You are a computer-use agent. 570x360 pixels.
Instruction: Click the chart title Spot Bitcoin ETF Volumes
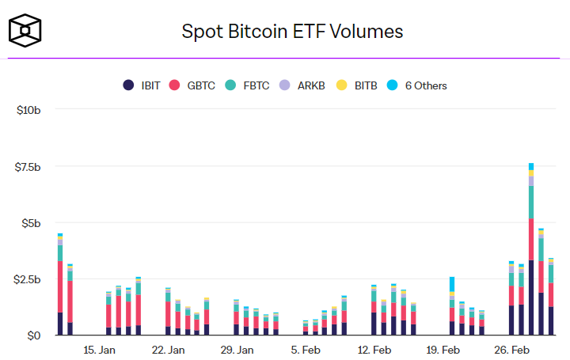(293, 32)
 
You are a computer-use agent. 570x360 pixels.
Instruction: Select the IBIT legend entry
(145, 85)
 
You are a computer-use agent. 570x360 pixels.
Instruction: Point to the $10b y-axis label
(29, 109)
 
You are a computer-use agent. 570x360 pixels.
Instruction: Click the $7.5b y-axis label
(28, 166)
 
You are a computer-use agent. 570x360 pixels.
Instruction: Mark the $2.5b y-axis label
(28, 279)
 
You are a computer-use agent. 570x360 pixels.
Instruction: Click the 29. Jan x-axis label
(237, 350)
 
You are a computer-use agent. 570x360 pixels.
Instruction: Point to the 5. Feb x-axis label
(306, 350)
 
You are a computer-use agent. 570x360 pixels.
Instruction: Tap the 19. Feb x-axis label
(443, 350)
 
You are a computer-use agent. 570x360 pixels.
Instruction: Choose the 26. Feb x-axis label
(511, 350)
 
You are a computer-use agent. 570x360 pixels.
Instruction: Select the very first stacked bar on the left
(60, 285)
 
